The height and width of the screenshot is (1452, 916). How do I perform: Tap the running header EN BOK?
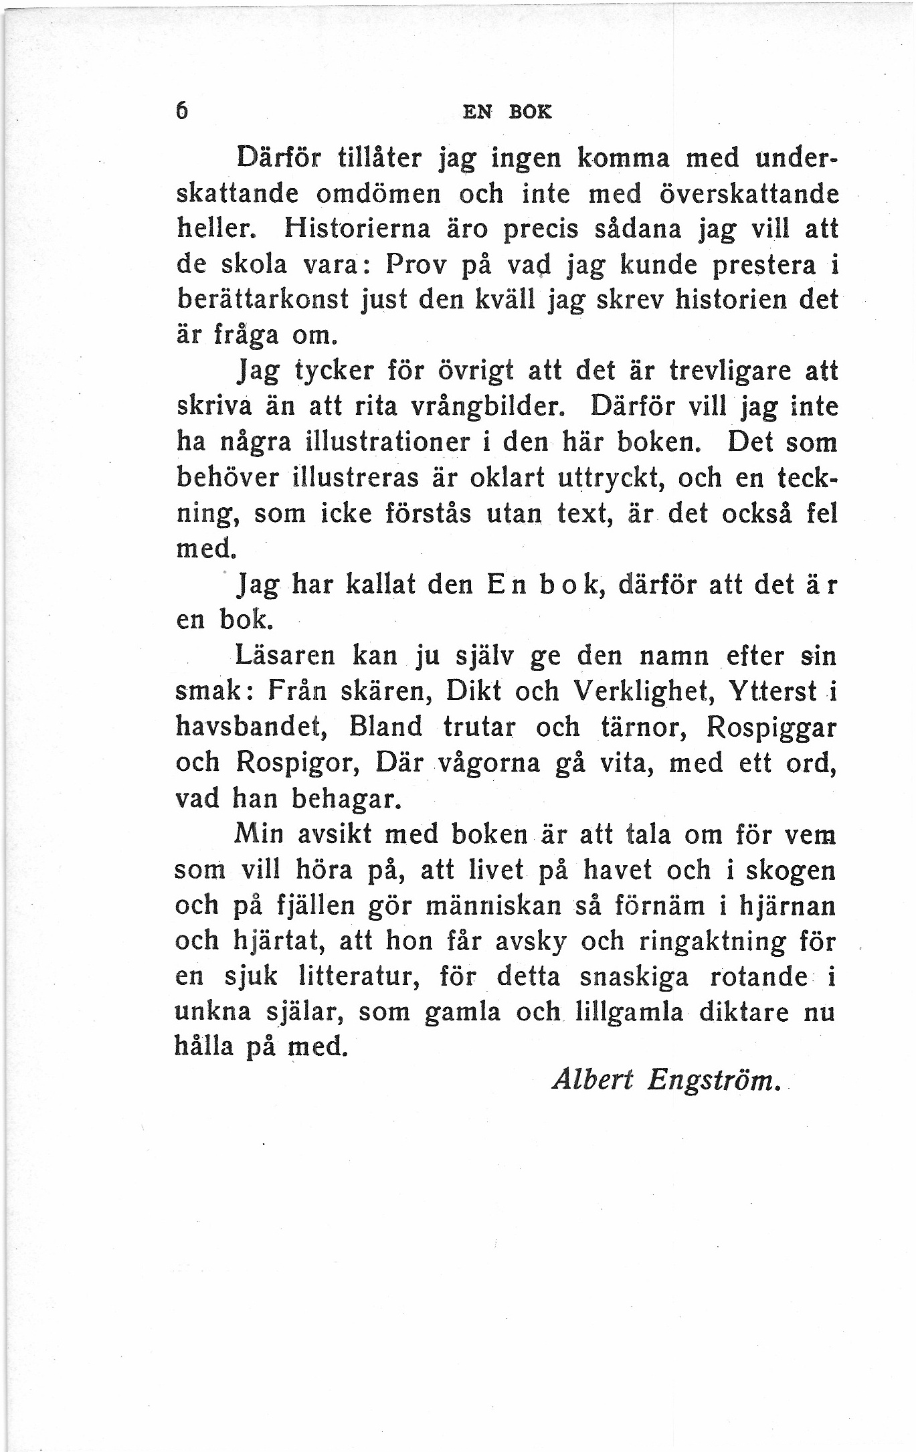pos(508,112)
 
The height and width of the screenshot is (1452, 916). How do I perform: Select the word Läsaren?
pos(285,655)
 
